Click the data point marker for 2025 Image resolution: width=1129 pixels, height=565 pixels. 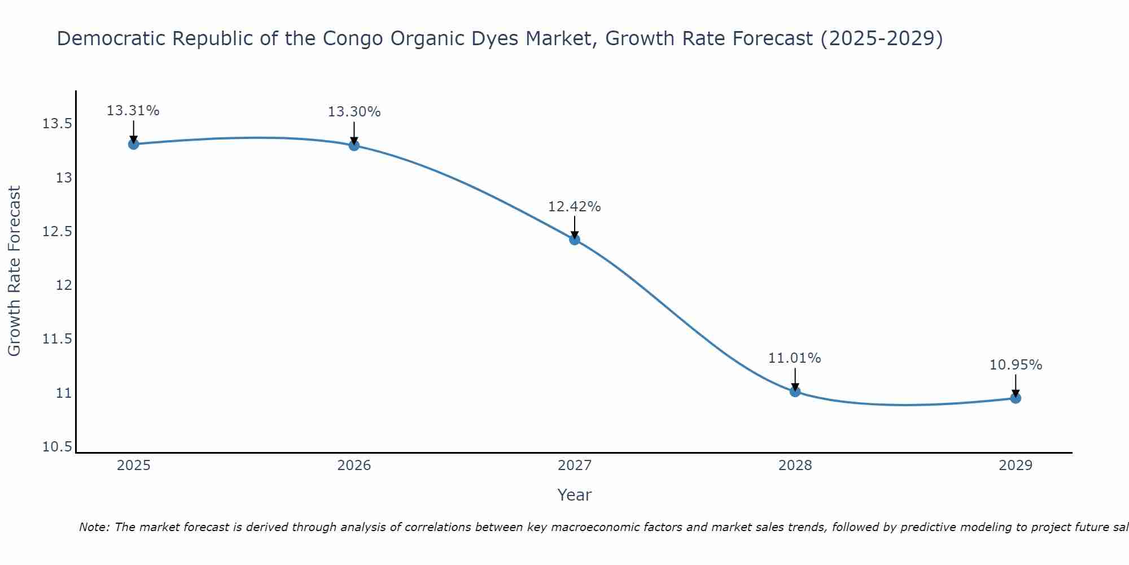coord(133,144)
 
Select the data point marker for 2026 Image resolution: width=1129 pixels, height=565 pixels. coord(354,145)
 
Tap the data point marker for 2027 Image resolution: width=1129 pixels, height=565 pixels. coord(575,240)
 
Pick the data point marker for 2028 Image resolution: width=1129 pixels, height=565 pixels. coord(795,391)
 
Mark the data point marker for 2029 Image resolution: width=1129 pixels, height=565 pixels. coord(1016,398)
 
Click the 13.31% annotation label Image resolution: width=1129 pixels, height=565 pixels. coord(133,111)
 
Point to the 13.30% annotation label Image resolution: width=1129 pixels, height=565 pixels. coord(354,112)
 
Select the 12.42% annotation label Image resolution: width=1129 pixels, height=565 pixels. coord(575,207)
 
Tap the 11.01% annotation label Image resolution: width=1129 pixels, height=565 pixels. coord(795,358)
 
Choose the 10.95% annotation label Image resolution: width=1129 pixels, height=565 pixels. coord(1016,365)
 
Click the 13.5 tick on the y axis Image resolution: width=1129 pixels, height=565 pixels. coord(57,124)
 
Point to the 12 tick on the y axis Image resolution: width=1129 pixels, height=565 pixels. coord(64,285)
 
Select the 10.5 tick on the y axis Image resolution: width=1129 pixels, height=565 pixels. coord(57,447)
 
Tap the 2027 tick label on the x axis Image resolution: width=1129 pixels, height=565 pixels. coord(575,466)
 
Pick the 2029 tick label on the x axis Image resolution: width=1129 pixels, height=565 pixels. coord(1016,466)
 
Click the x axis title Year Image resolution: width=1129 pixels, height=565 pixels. coord(575,495)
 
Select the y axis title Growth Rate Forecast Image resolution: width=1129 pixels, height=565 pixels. coord(14,271)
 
